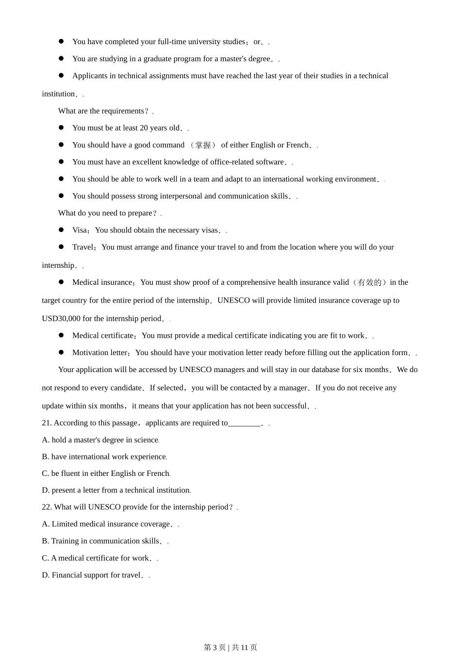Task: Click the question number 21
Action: click(x=47, y=423)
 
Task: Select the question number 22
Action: click(x=47, y=507)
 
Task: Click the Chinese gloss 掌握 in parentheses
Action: click(x=203, y=145)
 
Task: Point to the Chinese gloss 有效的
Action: click(x=369, y=282)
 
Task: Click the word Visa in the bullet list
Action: click(x=80, y=230)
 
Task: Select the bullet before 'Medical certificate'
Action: click(x=61, y=335)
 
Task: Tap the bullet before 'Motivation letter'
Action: click(x=61, y=352)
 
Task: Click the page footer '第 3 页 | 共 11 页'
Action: click(x=230, y=647)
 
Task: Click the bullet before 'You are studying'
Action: click(x=61, y=58)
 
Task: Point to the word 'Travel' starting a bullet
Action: click(x=82, y=247)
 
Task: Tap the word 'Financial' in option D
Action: click(x=68, y=575)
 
